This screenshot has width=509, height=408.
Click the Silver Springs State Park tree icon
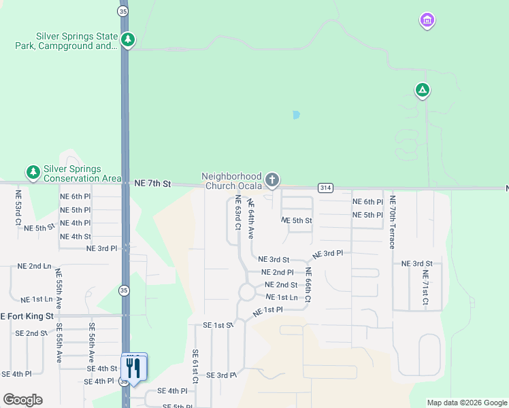click(x=128, y=40)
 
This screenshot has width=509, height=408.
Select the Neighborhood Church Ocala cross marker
click(x=272, y=180)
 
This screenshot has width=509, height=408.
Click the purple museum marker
click(x=427, y=20)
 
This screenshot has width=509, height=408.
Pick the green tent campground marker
click(x=423, y=90)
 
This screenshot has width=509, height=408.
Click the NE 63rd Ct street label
click(x=238, y=213)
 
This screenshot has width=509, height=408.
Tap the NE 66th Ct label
click(x=308, y=285)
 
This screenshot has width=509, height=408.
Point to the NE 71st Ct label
click(x=425, y=288)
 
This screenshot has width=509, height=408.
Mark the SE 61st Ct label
click(x=195, y=367)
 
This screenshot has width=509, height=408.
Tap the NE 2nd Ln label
click(x=35, y=266)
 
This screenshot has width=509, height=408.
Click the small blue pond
click(x=295, y=115)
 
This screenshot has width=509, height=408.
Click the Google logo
click(x=22, y=400)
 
